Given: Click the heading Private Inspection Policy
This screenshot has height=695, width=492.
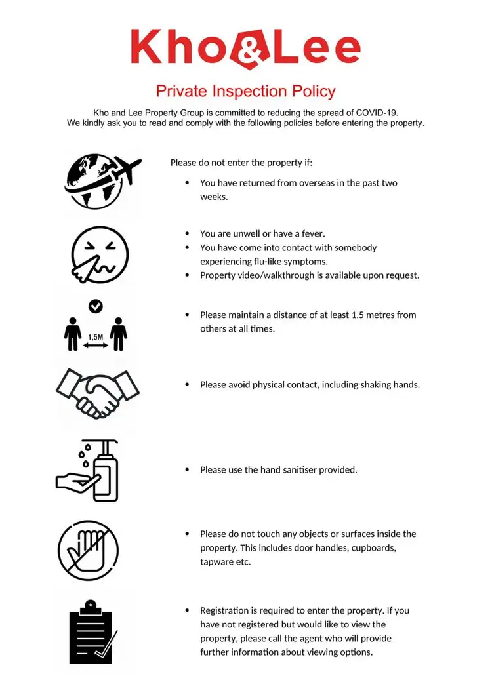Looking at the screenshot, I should (245, 90).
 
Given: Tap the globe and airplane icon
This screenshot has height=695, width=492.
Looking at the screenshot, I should (102, 181).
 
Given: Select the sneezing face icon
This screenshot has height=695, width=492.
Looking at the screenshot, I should (100, 254).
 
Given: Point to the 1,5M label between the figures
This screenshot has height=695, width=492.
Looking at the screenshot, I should (95, 337).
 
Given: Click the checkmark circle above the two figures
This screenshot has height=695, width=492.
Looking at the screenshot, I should (95, 306).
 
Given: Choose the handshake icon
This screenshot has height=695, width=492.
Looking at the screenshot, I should (98, 393).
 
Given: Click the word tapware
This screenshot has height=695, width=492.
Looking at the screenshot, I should (216, 562).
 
